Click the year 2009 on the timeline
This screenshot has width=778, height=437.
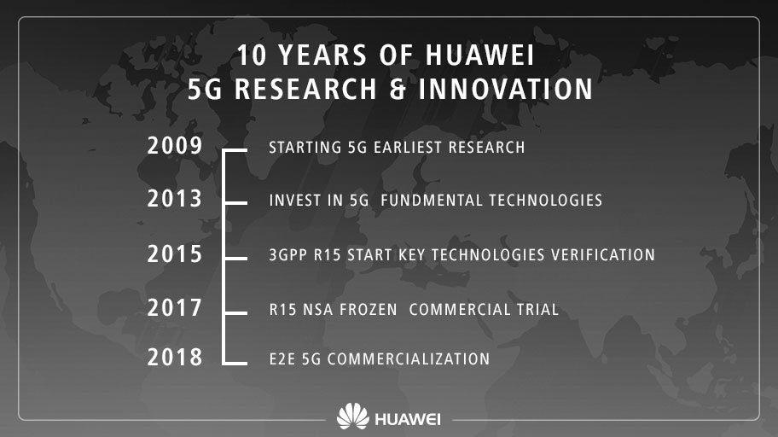coord(175,145)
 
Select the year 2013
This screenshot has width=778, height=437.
coord(175,199)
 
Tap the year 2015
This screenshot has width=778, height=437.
coord(175,253)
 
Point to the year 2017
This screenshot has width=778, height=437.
coord(175,308)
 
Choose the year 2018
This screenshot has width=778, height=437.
coord(175,357)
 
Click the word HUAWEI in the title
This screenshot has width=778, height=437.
coord(479,55)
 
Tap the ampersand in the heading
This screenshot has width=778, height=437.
coord(398,90)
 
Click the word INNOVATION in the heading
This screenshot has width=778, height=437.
coord(506,90)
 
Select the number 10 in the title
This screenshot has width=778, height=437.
coord(252,55)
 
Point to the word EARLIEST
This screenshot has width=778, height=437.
coord(408,148)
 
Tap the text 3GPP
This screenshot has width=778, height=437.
coord(287,254)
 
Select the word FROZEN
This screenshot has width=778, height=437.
coord(369,309)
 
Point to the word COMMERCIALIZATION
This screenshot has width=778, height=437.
coord(409,359)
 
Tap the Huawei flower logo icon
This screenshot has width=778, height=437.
coord(353,417)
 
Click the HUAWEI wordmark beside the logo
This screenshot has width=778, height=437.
coord(408,419)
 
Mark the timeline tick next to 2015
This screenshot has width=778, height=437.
coord(235,259)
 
